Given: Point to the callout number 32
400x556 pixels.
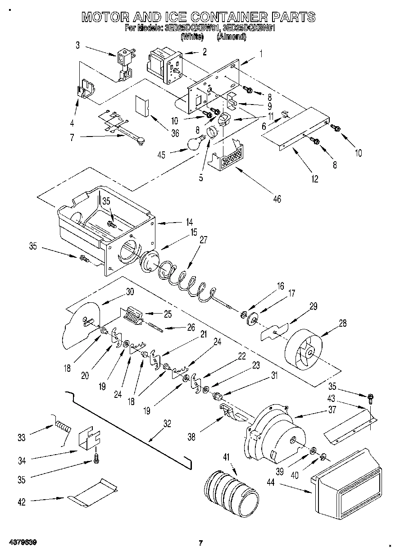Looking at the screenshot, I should (x=167, y=423).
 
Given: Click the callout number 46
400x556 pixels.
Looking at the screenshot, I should (x=277, y=198).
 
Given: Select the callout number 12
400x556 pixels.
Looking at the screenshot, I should (x=314, y=179).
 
